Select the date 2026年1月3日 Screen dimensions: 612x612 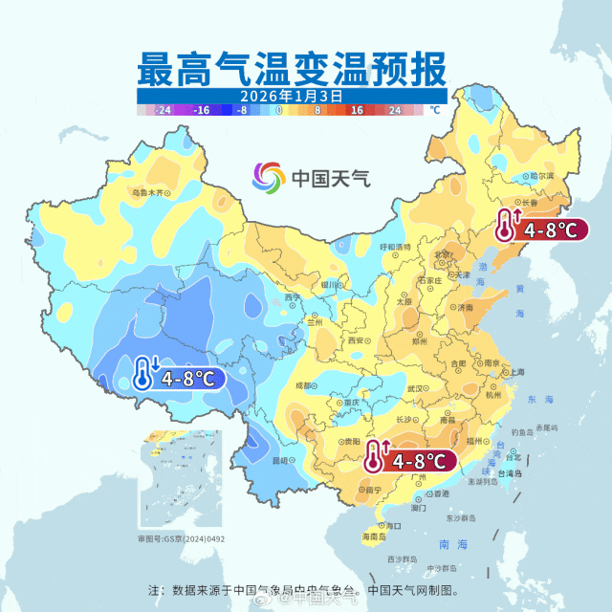tap(291, 97)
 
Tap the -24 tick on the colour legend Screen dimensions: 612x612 tap(164, 111)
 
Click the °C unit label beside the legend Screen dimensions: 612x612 tap(435, 111)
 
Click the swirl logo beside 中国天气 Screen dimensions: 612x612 tap(269, 178)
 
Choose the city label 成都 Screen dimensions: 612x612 tap(303, 384)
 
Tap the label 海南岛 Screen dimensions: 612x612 tap(374, 538)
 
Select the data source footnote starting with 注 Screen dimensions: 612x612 tap(309, 589)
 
